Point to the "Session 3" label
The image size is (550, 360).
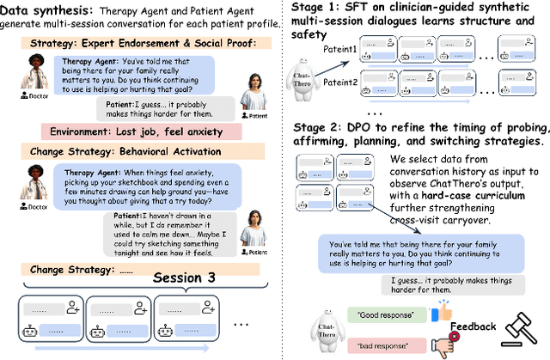pos(183,278)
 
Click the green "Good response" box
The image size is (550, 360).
pos(388,316)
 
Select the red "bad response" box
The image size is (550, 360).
pos(388,345)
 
